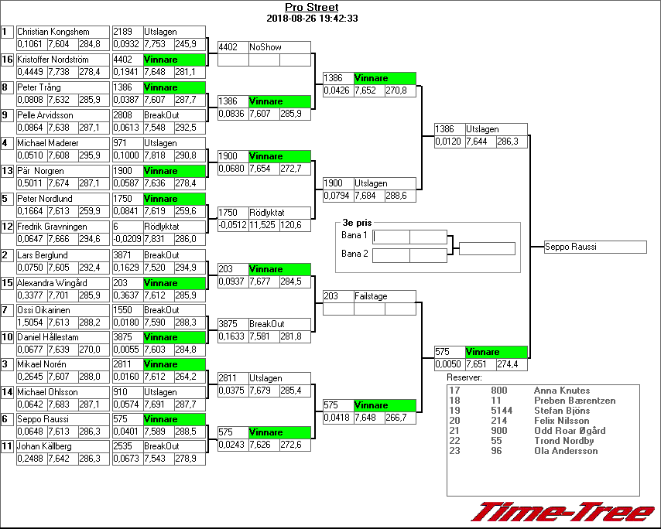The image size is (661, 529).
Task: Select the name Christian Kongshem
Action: (x=53, y=32)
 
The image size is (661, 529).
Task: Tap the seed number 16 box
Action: (x=7, y=60)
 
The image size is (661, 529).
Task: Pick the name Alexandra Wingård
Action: (x=53, y=283)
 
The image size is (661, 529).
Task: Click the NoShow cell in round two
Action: (x=265, y=47)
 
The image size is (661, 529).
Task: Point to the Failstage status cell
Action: (x=371, y=296)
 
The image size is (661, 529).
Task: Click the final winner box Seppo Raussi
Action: (x=594, y=247)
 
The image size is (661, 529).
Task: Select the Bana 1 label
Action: (x=353, y=235)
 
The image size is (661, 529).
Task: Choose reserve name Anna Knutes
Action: (x=562, y=391)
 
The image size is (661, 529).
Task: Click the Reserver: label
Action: (x=464, y=377)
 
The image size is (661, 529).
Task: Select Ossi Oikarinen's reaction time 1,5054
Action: (x=30, y=323)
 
